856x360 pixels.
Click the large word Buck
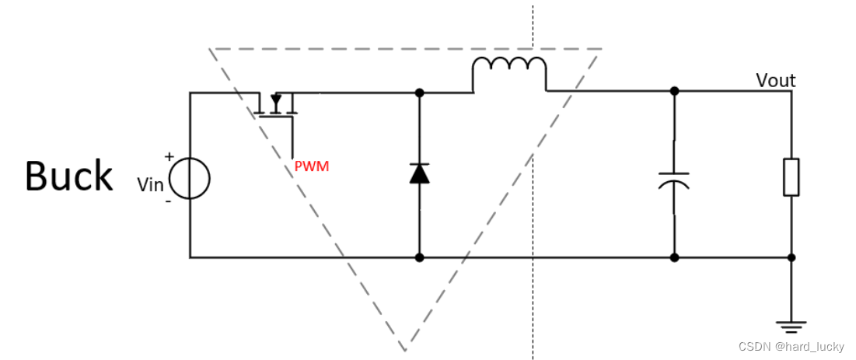point(69,176)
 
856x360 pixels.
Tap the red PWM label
point(312,166)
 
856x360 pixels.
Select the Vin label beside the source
point(151,185)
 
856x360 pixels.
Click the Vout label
point(776,81)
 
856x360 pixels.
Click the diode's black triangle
point(419,173)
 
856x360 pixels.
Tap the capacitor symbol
point(674,180)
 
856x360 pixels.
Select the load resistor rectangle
point(791,177)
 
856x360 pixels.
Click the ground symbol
point(791,327)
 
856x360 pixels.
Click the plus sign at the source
point(169,157)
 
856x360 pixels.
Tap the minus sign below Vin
point(168,201)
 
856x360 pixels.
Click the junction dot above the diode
point(419,93)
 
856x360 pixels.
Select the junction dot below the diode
point(419,257)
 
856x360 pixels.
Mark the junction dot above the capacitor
point(674,91)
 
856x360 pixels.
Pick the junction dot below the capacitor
point(674,257)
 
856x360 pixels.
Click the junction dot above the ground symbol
point(791,257)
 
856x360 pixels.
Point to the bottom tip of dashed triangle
point(404,350)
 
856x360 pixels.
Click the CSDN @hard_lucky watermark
point(791,346)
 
